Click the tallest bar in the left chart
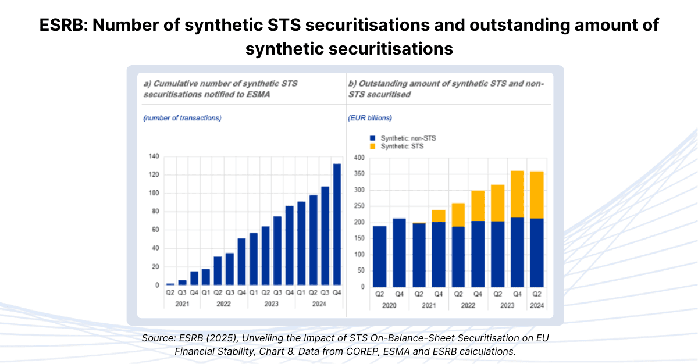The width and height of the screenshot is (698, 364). (x=336, y=224)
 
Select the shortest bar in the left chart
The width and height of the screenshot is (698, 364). (x=170, y=284)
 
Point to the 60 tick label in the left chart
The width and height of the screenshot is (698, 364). (x=155, y=230)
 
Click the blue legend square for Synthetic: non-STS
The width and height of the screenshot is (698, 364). (x=372, y=138)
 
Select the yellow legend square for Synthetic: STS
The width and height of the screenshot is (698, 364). (x=372, y=147)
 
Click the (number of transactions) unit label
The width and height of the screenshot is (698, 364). (x=182, y=118)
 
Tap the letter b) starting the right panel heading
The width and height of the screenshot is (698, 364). (x=352, y=83)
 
